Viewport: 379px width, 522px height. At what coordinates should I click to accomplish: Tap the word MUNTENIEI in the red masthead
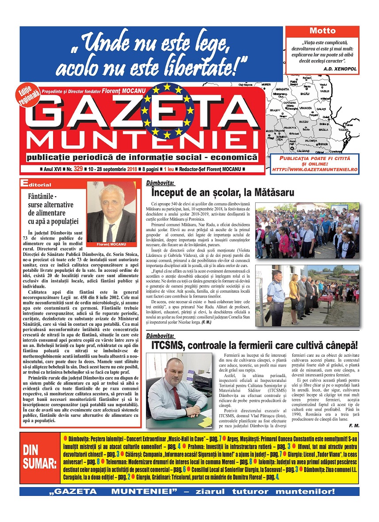click(x=142, y=141)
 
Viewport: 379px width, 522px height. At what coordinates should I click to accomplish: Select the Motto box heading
click(x=322, y=31)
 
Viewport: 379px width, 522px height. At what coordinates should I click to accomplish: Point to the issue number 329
click(x=78, y=169)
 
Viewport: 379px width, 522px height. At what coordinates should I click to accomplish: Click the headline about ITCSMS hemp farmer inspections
click(x=254, y=344)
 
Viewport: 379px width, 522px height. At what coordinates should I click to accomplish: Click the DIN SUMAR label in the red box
click(x=40, y=457)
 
